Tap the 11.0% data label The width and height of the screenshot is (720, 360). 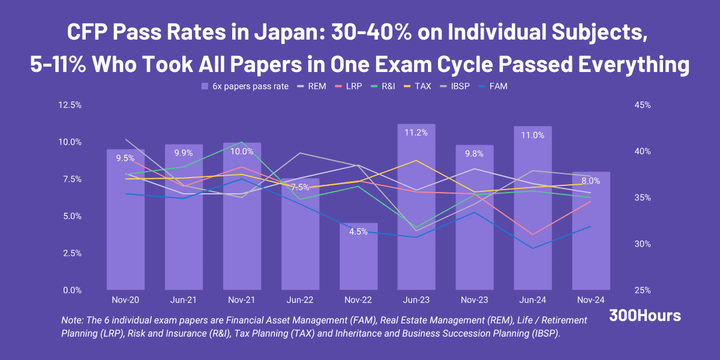click(x=532, y=135)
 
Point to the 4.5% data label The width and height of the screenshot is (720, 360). click(x=358, y=232)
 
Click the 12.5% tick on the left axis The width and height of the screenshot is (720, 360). click(x=71, y=105)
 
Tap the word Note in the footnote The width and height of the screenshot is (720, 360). click(x=73, y=321)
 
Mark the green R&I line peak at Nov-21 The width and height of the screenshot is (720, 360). click(x=242, y=142)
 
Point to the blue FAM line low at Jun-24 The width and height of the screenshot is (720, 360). click(x=532, y=248)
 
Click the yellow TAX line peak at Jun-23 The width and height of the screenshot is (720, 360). click(x=416, y=160)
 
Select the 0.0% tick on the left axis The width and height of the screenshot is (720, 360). click(x=71, y=290)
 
